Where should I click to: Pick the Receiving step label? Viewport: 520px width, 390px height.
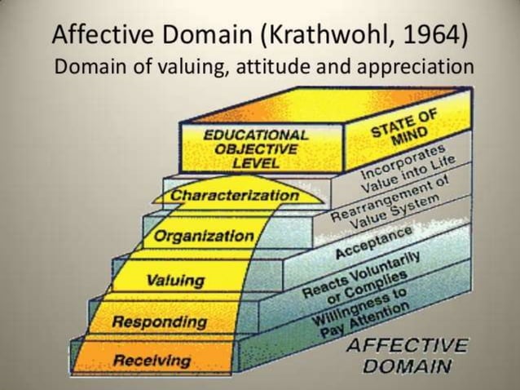coord(152,360)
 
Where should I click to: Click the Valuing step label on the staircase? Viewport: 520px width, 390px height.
coord(175,281)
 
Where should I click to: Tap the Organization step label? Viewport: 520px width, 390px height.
coord(204,237)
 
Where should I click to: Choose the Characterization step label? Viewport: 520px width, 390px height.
coord(235,196)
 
